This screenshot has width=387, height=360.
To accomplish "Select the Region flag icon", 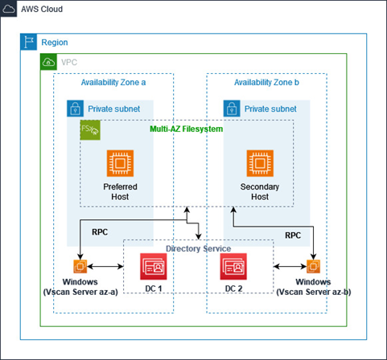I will pos(28,42).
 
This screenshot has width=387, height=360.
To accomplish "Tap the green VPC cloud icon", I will pos(48,62).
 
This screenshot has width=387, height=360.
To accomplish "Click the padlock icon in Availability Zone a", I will pos(75,108).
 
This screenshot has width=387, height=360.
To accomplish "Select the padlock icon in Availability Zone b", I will pos(232,108).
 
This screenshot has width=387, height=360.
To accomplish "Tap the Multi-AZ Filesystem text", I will pos(187,129).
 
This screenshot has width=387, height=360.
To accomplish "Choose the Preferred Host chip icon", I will pos(121,163).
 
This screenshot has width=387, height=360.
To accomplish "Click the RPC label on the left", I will pos(100,231).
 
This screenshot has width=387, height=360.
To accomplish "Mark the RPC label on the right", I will pos(294,235).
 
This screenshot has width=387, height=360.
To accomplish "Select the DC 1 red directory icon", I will pos(153,266).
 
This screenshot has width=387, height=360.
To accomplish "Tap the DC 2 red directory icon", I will pos(233,266).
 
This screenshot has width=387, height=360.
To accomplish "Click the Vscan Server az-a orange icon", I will pos(80,266).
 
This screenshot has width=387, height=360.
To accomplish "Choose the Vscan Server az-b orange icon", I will pos(312,266).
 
